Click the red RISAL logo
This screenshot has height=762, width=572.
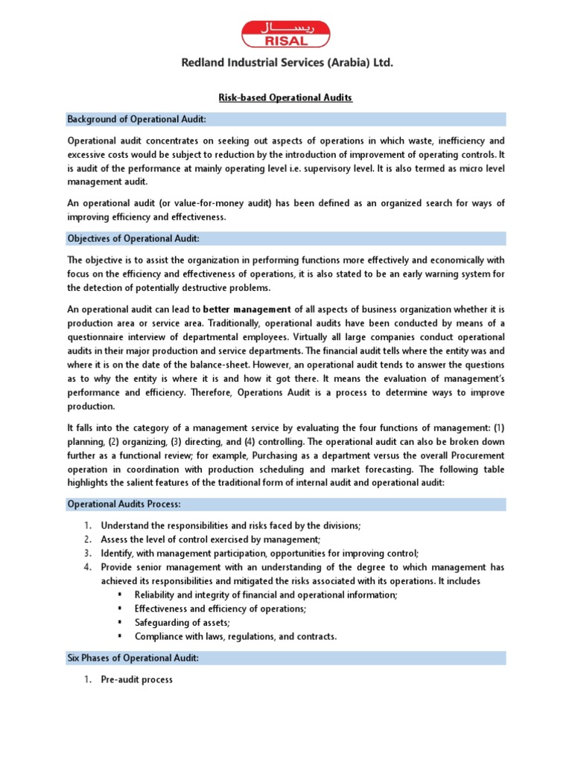[x=285, y=33]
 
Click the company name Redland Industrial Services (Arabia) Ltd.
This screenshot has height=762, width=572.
[x=287, y=64]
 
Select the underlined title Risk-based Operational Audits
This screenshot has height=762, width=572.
[x=285, y=97]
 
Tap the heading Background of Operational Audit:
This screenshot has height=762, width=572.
[x=137, y=119]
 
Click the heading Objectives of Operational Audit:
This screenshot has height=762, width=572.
[x=133, y=238]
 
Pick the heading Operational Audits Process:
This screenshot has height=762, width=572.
[x=125, y=504]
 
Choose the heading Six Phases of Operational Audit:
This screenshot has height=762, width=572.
[x=133, y=659]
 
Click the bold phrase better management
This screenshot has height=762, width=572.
[x=247, y=309]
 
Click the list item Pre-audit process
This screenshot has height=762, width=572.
[x=137, y=679]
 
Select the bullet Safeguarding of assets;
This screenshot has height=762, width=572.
[x=182, y=622]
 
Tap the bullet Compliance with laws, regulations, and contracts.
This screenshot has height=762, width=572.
[x=235, y=636]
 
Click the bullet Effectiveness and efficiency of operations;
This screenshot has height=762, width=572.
[x=220, y=608]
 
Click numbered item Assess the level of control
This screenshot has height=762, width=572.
[x=211, y=539]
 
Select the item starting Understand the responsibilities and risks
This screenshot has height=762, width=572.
[x=231, y=525]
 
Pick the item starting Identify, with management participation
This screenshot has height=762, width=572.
[x=260, y=553]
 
